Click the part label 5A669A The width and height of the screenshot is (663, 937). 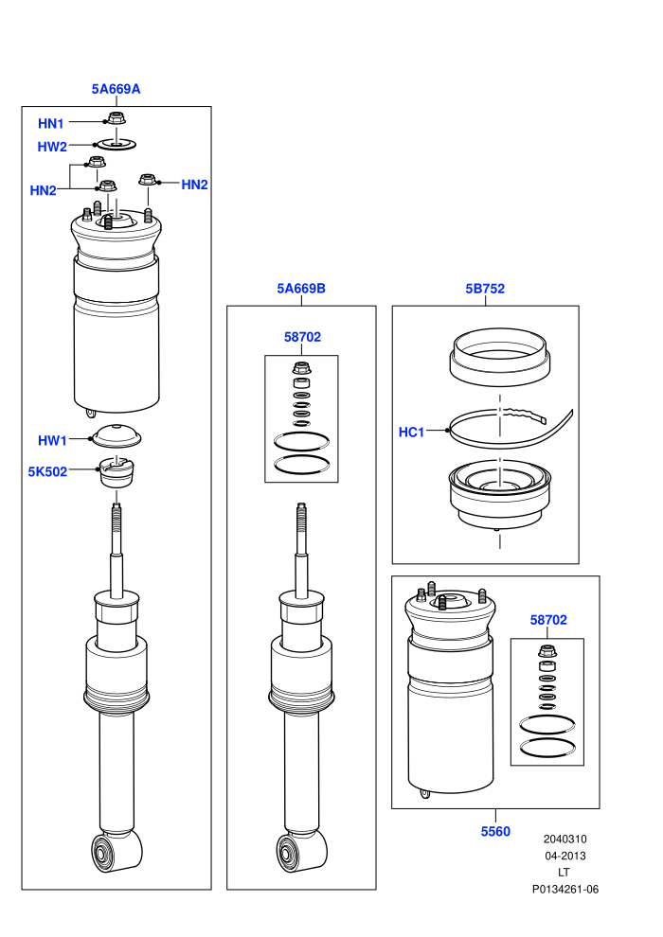coord(116,89)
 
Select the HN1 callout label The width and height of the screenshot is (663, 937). coord(51,124)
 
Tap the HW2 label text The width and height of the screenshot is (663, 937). coord(52,147)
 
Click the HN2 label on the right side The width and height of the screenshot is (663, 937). coord(194,185)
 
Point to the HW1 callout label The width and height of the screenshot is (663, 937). coord(52,440)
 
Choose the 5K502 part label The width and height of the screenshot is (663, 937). coord(47,471)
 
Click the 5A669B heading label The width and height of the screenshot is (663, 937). coord(301,289)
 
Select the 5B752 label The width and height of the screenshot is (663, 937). coord(485,289)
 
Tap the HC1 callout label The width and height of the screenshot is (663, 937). coord(411,432)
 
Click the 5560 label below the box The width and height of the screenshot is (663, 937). coord(495,831)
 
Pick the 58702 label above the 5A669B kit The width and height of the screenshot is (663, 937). coord(302,337)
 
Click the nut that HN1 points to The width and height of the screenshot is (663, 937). coord(116,117)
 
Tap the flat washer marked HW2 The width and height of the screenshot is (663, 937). coord(116,144)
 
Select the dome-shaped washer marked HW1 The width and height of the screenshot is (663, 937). coord(116,436)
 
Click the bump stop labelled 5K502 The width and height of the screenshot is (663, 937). coord(116,472)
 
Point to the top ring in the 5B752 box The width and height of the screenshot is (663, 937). coord(500,357)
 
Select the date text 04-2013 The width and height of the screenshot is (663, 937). coord(565,856)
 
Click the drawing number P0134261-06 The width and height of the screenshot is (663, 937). coord(565,889)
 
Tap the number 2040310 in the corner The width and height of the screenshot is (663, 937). coord(565,839)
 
